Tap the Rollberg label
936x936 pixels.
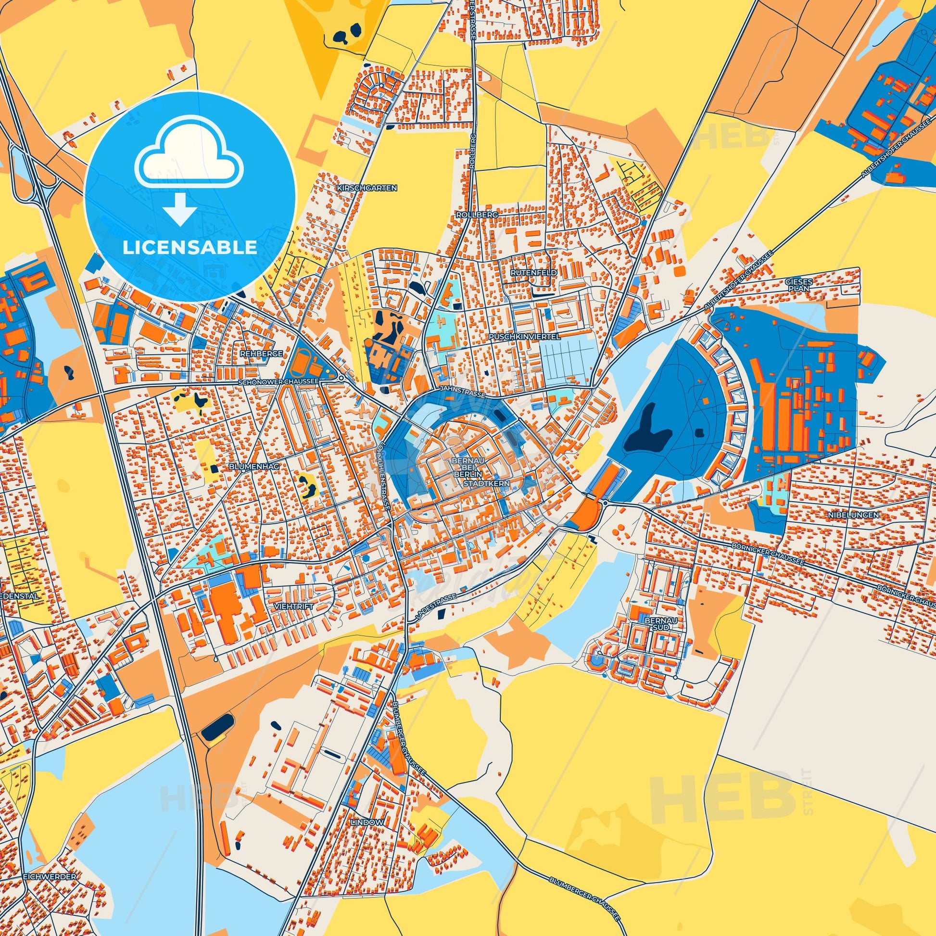[x=470, y=214]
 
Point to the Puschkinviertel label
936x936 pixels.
[x=524, y=335]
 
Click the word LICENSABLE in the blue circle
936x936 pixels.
[x=190, y=248]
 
